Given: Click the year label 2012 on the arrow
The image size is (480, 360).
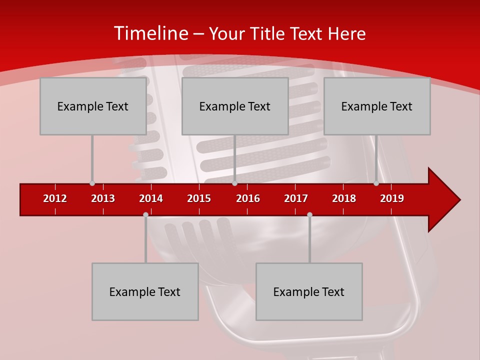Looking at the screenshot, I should point(55,198).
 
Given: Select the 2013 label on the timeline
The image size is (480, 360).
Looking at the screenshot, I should point(103,198).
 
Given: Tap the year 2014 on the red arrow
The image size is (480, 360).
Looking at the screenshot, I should point(151,198).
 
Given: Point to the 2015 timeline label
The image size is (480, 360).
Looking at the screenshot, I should point(199,198).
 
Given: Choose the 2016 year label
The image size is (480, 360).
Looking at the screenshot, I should point(248,198).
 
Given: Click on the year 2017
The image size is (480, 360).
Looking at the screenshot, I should point(296,198).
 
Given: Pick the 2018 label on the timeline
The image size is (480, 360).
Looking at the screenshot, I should point(344,198).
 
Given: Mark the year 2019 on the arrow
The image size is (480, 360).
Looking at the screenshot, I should point(392,198).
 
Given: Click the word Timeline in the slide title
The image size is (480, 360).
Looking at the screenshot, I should point(149,33).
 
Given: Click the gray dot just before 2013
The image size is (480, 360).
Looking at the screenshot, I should point(92,183).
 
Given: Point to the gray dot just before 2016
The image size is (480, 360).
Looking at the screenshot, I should point(234,183).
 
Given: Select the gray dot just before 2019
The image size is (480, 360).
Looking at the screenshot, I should point(376,183).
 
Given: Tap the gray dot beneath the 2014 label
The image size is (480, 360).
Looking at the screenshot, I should point(145,214).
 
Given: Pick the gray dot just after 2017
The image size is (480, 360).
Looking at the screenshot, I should point(309,214).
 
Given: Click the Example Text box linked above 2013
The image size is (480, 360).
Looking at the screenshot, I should point(93,106).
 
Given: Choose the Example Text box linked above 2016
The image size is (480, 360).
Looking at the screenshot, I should point(235,106).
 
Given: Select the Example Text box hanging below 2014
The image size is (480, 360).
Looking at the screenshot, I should point(145,291).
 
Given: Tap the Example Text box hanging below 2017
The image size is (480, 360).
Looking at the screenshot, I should point(309,291).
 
